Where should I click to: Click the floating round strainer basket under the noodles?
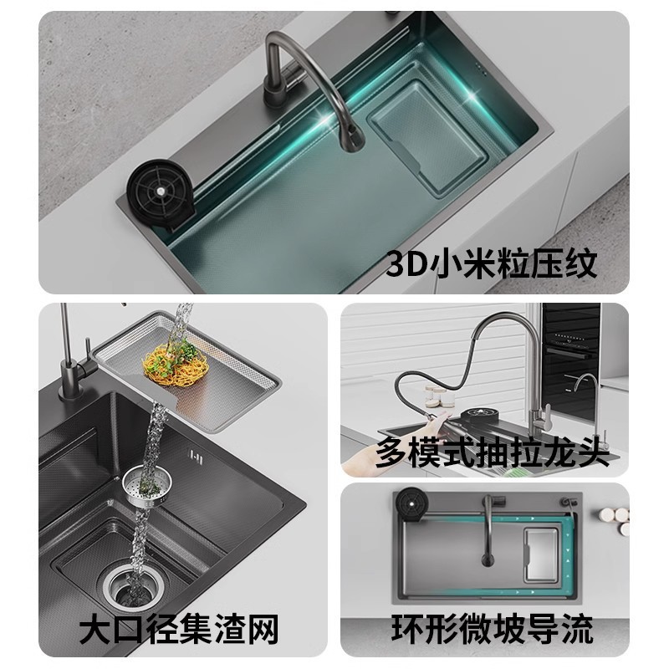(144, 484)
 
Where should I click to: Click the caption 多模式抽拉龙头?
(488, 452)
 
